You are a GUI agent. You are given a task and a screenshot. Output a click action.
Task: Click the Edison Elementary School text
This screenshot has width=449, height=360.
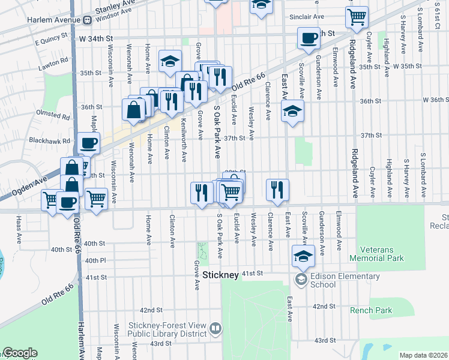point(345,280)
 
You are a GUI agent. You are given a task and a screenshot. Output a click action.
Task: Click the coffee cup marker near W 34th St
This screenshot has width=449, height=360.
point(309,38)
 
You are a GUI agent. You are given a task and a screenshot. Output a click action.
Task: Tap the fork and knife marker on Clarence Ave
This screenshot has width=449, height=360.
point(277,190)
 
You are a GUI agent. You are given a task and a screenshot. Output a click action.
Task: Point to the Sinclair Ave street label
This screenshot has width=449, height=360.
point(306,17)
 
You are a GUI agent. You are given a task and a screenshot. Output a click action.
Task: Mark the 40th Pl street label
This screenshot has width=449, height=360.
point(95,260)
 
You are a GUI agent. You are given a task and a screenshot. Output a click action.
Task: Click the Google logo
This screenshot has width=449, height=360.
point(19,353)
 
